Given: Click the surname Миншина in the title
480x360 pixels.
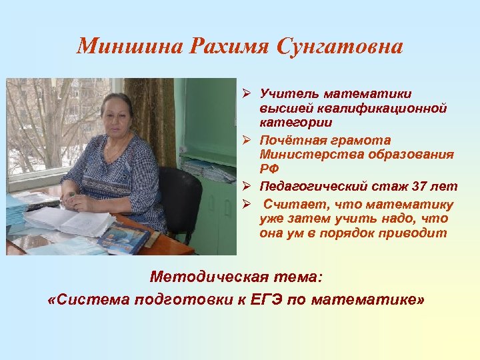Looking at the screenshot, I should pos(130,47).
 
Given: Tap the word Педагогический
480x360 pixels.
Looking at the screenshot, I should pos(313,186).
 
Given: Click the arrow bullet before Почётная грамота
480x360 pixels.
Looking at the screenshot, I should pos(246,141).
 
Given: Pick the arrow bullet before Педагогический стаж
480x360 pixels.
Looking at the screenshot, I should pos(246,186).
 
